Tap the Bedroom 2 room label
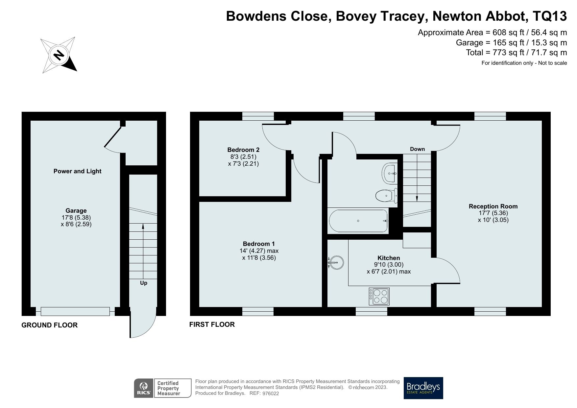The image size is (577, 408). click(243, 150)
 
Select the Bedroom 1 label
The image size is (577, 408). click(259, 244)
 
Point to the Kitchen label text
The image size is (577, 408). click(389, 258)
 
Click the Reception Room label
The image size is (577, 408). click(493, 206)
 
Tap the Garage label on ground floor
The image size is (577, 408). click(76, 211)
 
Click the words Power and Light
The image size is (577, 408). click(77, 171)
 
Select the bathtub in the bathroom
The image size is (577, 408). click(358, 221)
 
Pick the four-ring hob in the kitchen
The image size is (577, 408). click(379, 297)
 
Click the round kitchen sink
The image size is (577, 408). click(336, 262)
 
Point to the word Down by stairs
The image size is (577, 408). click(417, 149)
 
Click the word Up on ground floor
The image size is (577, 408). click(144, 283)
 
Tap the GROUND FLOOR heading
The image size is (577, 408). click(49, 325)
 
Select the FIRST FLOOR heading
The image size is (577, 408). click(212, 324)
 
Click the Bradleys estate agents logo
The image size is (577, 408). click(423, 388)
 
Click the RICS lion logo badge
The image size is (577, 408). click(143, 388)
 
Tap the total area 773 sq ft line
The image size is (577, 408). click(516, 53)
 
